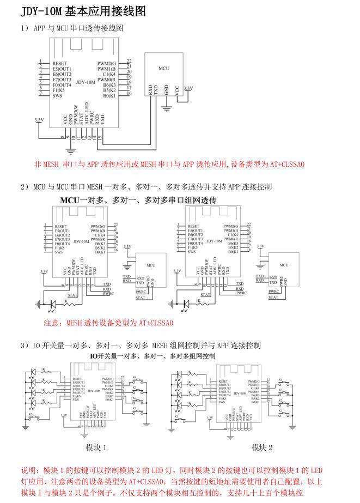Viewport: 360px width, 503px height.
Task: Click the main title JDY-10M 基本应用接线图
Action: (83, 11)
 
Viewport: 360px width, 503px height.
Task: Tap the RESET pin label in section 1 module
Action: (60, 63)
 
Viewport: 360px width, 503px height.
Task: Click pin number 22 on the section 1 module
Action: (129, 61)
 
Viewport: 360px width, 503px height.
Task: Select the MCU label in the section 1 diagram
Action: (164, 69)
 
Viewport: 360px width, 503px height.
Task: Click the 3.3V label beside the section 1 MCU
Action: (188, 88)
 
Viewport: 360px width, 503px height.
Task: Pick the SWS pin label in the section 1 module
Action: (57, 96)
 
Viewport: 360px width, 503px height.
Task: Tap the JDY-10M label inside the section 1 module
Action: (85, 82)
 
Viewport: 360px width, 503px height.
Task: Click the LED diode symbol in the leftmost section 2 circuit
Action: (53, 304)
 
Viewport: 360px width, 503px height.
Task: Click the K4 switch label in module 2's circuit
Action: (280, 379)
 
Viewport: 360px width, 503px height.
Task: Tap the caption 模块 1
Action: (96, 447)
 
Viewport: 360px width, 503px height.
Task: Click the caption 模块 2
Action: (262, 447)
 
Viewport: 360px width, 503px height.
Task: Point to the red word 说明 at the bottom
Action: (28, 470)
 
